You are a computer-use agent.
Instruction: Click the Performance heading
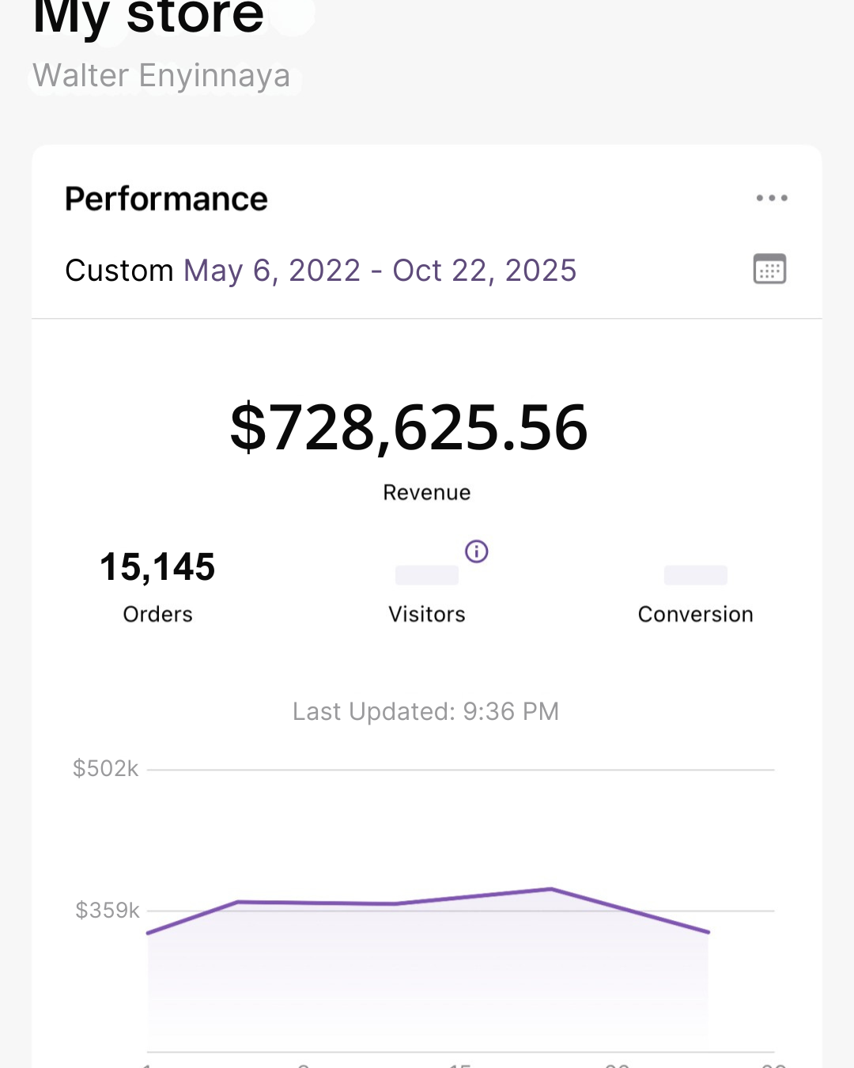[166, 199]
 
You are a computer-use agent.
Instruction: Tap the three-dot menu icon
[771, 198]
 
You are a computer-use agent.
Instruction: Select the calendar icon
[769, 269]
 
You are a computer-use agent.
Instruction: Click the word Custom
[119, 271]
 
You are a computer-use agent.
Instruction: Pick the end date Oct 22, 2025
[485, 271]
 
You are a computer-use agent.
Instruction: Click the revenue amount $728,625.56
[409, 428]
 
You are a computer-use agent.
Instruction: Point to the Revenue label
[427, 493]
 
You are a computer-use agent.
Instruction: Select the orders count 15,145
[157, 567]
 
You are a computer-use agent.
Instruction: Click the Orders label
[157, 615]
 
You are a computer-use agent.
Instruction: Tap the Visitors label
[427, 615]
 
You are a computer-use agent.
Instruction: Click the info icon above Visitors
[476, 551]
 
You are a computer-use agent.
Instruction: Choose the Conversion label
[695, 615]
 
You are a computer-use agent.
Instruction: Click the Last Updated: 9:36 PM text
[425, 712]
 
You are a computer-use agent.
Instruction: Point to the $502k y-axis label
[105, 769]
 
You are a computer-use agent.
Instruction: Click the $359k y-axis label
[108, 911]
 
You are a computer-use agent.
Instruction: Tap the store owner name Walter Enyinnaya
[161, 76]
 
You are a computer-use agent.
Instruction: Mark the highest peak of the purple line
[550, 889]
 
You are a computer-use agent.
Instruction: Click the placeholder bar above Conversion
[695, 575]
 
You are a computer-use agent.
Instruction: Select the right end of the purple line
[708, 932]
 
